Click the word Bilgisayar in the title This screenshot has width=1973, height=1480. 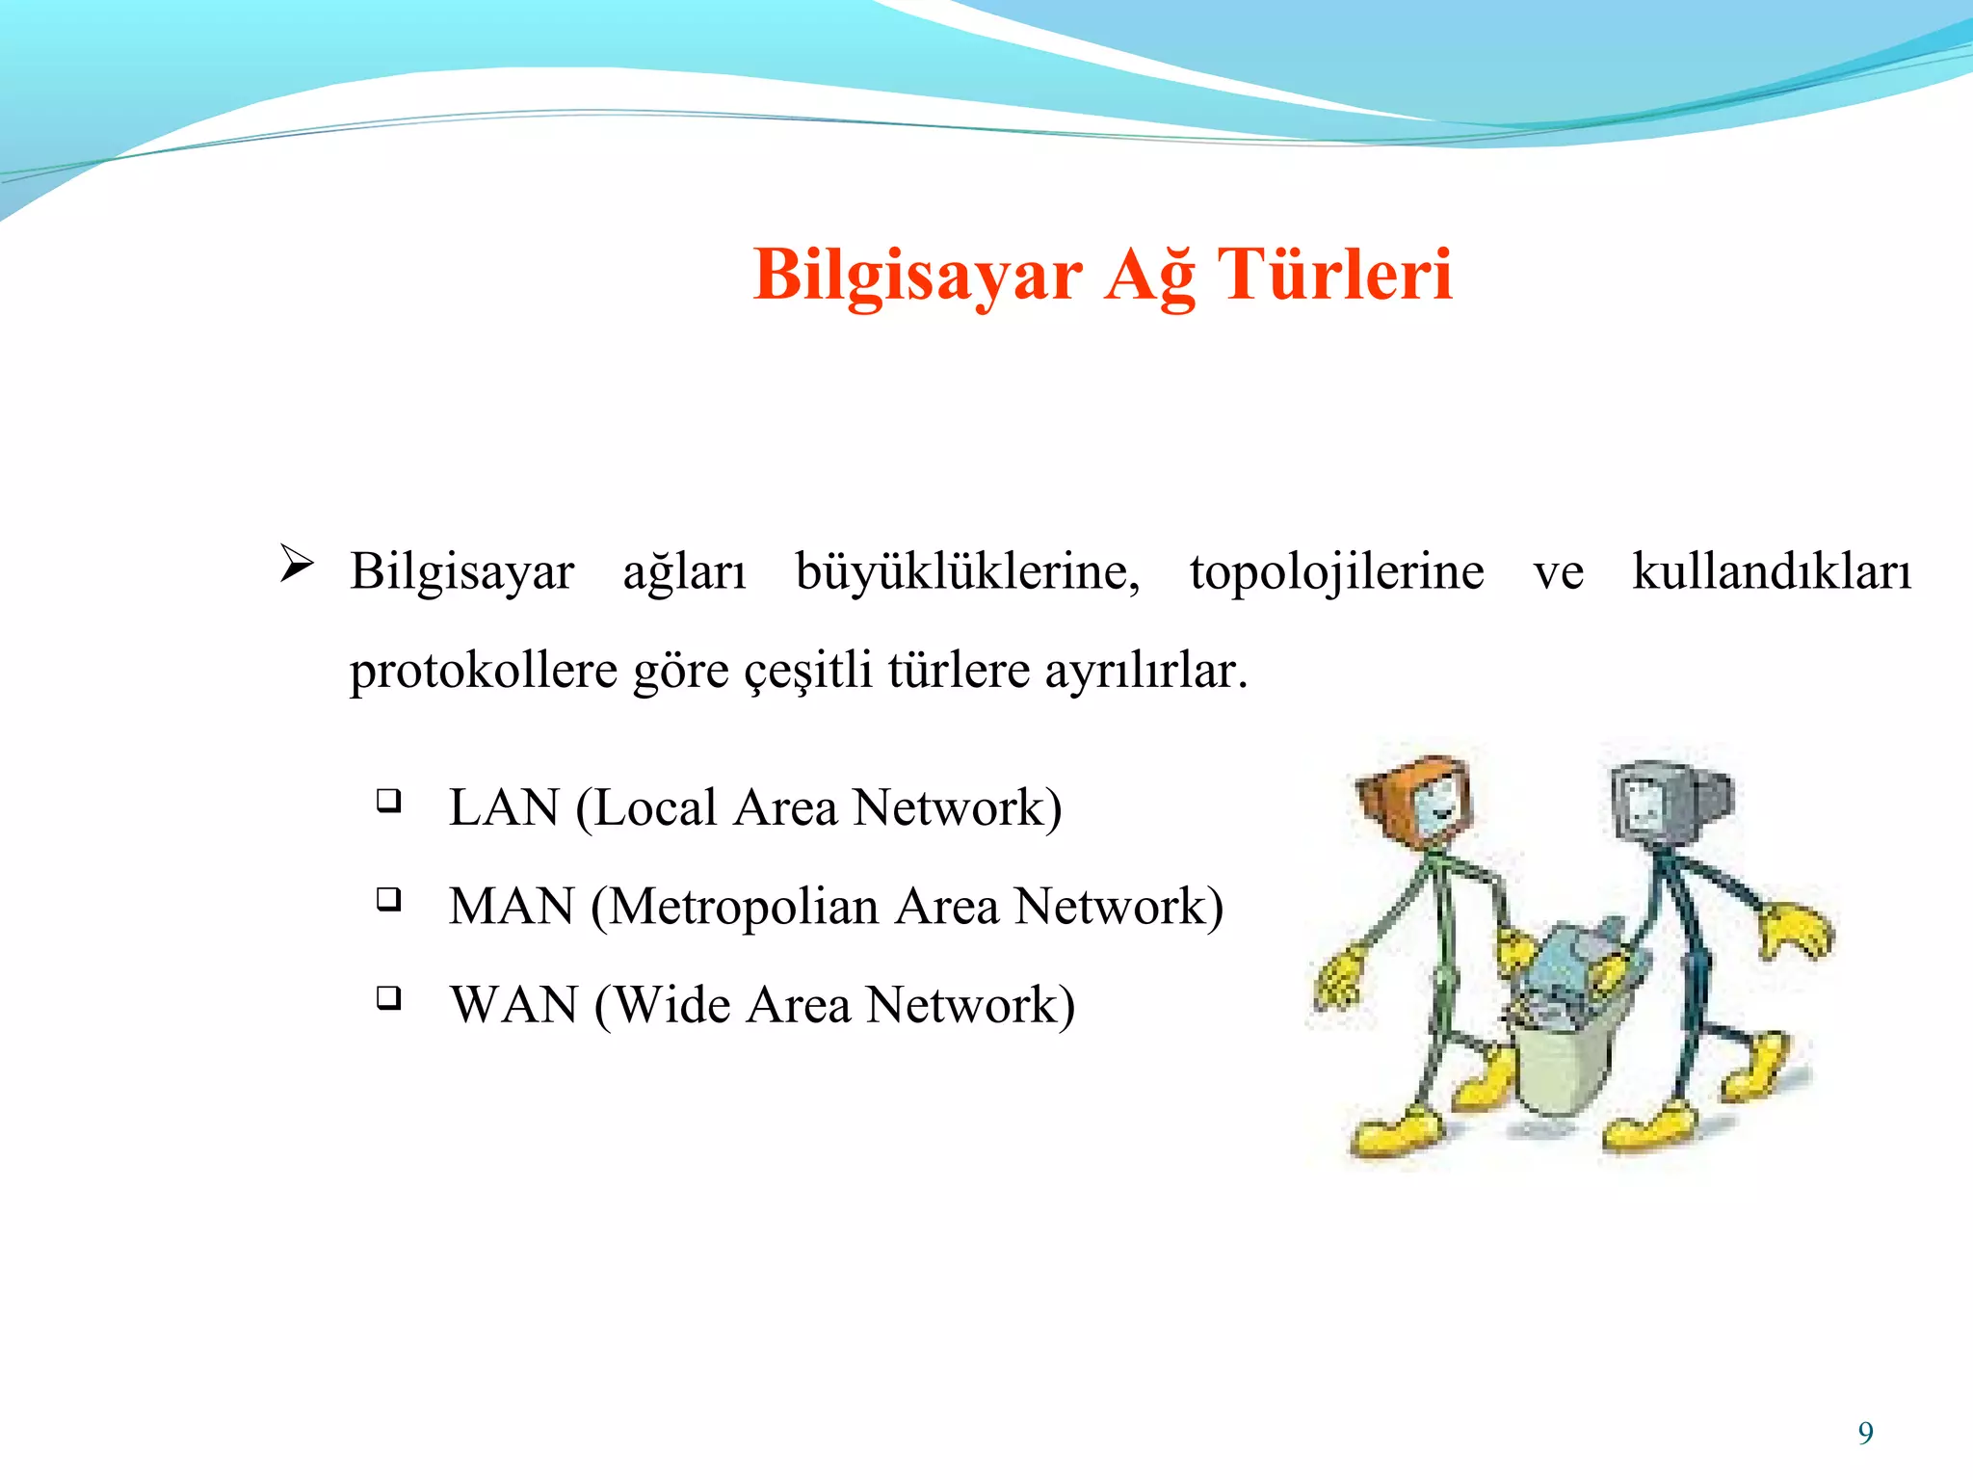pyautogui.click(x=917, y=276)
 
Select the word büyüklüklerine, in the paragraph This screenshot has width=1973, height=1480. pyautogui.click(x=967, y=571)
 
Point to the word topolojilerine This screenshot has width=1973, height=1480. pyautogui.click(x=1336, y=571)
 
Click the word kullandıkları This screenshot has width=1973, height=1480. pyautogui.click(x=1771, y=571)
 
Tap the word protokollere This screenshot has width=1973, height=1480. pyautogui.click(x=483, y=671)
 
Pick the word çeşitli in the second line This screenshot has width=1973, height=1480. pyautogui.click(x=808, y=671)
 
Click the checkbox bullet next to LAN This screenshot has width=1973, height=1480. pyautogui.click(x=388, y=800)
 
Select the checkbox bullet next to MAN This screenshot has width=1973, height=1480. pyautogui.click(x=388, y=899)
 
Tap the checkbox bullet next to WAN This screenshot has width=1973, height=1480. pyautogui.click(x=388, y=997)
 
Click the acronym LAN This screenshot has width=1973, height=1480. pyautogui.click(x=504, y=807)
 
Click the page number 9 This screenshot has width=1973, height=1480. pyautogui.click(x=1865, y=1433)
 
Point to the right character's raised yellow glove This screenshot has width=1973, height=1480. pyautogui.click(x=1794, y=930)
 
